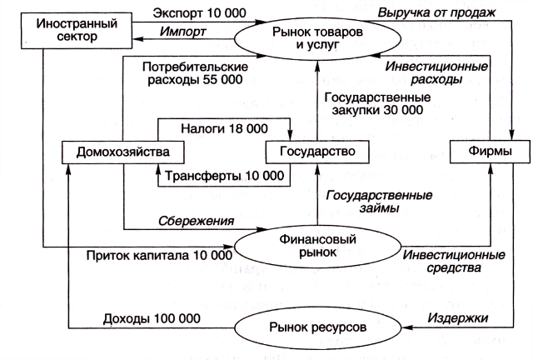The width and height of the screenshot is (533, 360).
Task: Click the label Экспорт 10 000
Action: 199,13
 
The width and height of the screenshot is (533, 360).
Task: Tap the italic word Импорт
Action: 182,32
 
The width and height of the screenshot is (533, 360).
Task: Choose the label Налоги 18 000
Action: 224,128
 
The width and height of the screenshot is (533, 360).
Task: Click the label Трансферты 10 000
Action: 224,176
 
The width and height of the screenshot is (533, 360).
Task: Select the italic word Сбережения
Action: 197,221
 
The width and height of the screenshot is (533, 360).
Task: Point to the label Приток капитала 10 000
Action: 159,255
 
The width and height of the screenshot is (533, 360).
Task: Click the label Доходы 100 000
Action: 152,318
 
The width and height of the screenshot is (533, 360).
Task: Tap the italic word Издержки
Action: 458,317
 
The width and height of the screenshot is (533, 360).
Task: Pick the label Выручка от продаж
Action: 436,12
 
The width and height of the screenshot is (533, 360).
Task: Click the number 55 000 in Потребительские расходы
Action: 222,80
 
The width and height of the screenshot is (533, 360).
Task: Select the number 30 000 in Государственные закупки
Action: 403,110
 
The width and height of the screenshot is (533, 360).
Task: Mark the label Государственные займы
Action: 379,202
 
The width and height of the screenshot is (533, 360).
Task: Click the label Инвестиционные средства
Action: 454,262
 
